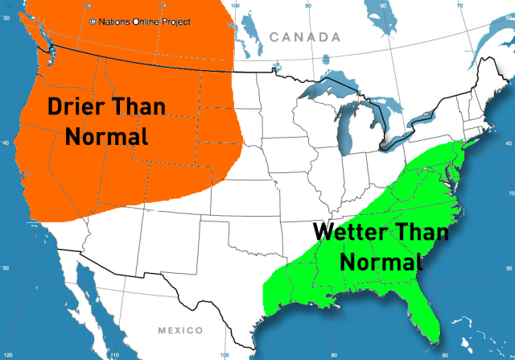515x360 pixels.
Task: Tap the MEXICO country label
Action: coord(180,330)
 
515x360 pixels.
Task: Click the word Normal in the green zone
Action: coord(381,261)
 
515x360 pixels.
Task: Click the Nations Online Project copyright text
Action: coord(140,22)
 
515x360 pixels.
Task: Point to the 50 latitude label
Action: coord(6,19)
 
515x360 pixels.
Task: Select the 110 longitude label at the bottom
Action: coord(114,354)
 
